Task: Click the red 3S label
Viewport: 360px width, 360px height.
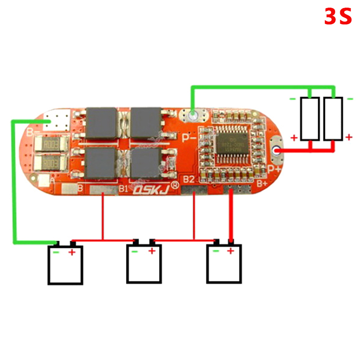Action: tap(337, 17)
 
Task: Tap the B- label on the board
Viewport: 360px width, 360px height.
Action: tap(30, 132)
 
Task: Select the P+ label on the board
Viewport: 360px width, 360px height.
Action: tap(274, 168)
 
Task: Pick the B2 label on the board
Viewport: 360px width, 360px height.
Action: tap(189, 180)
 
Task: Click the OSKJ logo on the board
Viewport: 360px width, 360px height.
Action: tap(151, 190)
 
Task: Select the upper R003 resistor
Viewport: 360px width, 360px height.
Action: tap(51, 145)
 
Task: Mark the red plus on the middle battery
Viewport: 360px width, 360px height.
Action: tap(152, 251)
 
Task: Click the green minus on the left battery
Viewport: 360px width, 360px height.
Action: tap(56, 252)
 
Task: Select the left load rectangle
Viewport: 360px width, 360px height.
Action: tap(310, 118)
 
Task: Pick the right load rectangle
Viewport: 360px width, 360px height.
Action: tap(333, 118)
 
